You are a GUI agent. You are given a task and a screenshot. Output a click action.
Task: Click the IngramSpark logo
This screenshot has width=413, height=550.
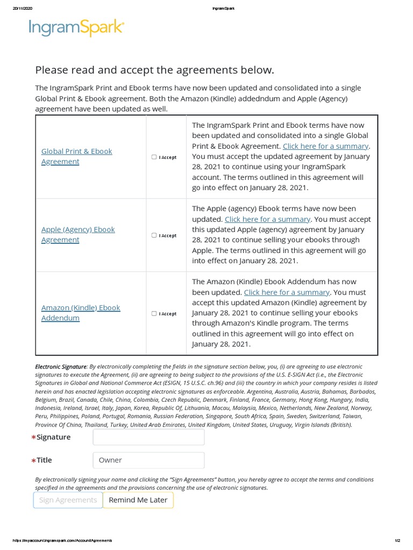[76, 27]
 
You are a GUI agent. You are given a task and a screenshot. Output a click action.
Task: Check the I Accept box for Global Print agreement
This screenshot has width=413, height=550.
[154, 157]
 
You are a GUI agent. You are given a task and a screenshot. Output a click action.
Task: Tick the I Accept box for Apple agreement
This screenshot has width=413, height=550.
[154, 235]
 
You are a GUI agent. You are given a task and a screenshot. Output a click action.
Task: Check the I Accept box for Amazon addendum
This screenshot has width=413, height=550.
[154, 314]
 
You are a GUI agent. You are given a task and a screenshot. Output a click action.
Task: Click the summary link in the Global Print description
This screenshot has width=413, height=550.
[325, 146]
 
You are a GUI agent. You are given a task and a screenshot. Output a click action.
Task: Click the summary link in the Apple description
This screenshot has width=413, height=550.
[267, 219]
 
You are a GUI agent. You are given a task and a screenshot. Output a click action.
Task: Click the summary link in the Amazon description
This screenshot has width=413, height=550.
[287, 292]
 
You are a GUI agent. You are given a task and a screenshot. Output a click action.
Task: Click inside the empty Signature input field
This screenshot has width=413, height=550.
[148, 437]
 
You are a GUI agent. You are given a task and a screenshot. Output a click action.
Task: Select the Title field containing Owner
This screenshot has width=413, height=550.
[148, 460]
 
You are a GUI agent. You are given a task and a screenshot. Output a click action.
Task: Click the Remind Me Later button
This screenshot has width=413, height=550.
[138, 500]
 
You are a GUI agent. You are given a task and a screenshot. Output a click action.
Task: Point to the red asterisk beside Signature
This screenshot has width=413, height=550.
[33, 438]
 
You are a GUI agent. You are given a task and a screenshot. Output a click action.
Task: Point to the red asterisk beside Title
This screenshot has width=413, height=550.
[33, 461]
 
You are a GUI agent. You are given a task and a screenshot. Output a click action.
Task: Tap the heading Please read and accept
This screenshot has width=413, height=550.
[154, 70]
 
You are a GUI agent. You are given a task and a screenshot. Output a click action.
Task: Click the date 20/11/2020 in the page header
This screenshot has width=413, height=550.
[22, 8]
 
